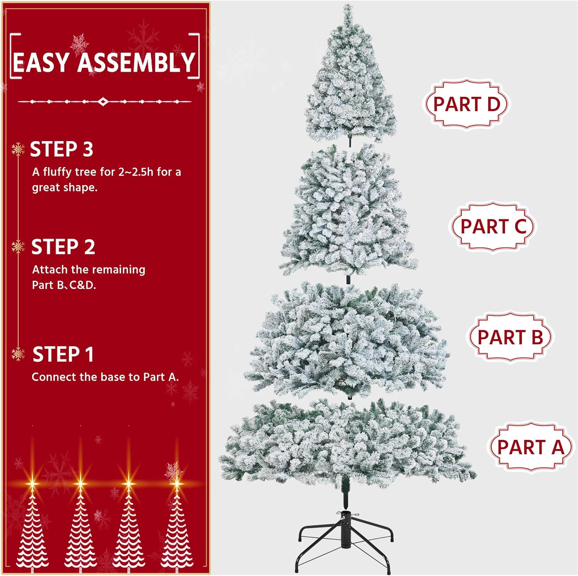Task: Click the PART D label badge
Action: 466,104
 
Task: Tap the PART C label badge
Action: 493,226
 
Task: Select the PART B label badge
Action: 510,337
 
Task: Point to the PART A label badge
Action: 531,447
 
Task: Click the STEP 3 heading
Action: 62,149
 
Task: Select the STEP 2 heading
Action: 63,247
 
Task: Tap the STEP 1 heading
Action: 63,354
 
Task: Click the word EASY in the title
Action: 41,62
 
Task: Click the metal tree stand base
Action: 345,539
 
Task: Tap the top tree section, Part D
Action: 350,75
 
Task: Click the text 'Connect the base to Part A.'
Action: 105,377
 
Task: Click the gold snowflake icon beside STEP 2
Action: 18,247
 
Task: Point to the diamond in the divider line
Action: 103,102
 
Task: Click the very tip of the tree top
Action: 348,5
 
